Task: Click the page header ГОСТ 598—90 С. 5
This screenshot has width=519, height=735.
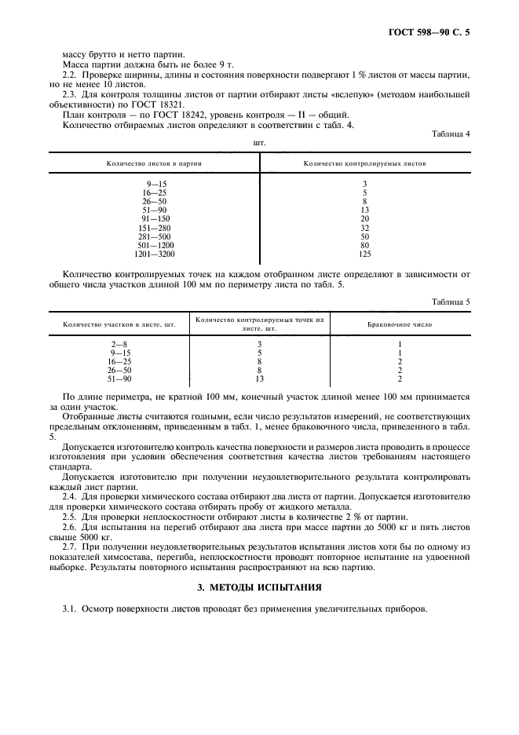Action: [433, 32]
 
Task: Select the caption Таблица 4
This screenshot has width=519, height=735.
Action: [451, 133]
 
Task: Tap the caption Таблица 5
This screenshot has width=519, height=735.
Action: [451, 302]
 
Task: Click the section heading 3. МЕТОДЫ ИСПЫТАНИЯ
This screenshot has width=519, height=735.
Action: [259, 587]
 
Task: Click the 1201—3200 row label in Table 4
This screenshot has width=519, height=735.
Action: [154, 254]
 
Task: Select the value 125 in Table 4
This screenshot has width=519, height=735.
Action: [364, 254]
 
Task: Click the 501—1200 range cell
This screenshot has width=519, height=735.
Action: [154, 245]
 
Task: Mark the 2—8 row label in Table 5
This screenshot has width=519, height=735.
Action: [119, 344]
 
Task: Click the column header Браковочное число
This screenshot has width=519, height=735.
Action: [400, 324]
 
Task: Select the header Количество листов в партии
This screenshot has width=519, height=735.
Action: [154, 164]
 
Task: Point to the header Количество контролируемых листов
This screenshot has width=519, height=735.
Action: [364, 164]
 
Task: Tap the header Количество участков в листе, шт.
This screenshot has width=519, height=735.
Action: [119, 324]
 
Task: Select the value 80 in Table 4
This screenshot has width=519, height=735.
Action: [364, 245]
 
